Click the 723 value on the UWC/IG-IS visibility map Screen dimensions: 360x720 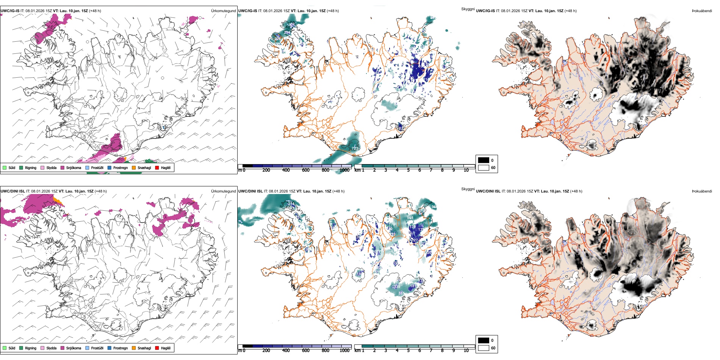(x=354, y=148)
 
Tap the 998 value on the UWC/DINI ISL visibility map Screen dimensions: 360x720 (x=410, y=218)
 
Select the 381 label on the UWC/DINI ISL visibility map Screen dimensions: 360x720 (x=401, y=293)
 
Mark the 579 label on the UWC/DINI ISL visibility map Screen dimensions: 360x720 (x=422, y=211)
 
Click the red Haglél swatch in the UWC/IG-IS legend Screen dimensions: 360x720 (x=157, y=168)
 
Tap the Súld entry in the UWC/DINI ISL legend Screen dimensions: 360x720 (x=9, y=348)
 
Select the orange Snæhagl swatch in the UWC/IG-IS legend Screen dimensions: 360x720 (x=134, y=168)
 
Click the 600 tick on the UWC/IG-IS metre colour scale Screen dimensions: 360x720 (x=305, y=170)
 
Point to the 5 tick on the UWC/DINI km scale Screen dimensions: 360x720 (x=408, y=351)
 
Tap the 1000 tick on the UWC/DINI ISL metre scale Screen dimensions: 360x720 (x=344, y=351)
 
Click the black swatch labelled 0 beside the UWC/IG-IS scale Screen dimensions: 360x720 (x=484, y=160)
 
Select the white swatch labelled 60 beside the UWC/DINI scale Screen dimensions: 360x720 (x=484, y=348)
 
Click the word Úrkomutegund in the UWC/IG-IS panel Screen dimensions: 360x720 (x=223, y=11)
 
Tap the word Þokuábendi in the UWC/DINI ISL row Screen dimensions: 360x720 (x=702, y=191)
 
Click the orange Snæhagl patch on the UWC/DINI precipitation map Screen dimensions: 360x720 (x=57, y=200)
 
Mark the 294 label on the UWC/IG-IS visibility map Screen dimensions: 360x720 (x=287, y=33)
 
